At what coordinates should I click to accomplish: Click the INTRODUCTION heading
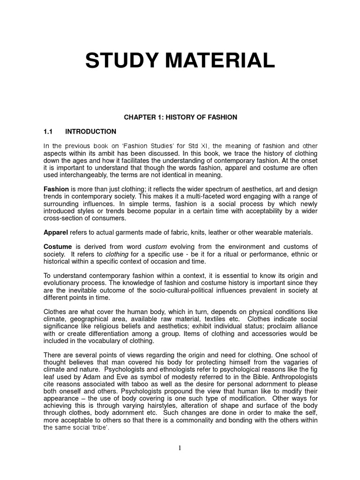point(90,131)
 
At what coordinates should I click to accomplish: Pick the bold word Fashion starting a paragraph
point(56,188)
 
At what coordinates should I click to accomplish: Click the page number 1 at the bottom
point(180,448)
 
